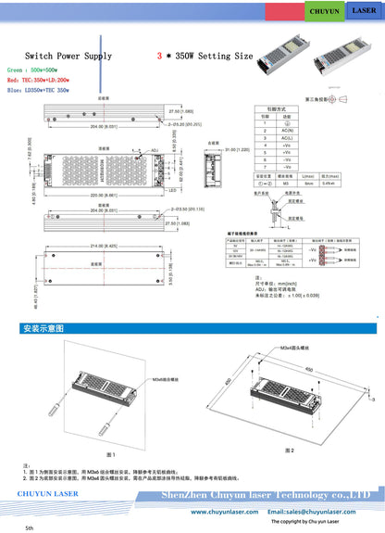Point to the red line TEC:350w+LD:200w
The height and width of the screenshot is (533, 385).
click(40, 81)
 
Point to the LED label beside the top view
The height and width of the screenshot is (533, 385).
click(172, 190)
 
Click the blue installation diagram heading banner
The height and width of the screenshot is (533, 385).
click(44, 328)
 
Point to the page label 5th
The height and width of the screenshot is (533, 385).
click(29, 527)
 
